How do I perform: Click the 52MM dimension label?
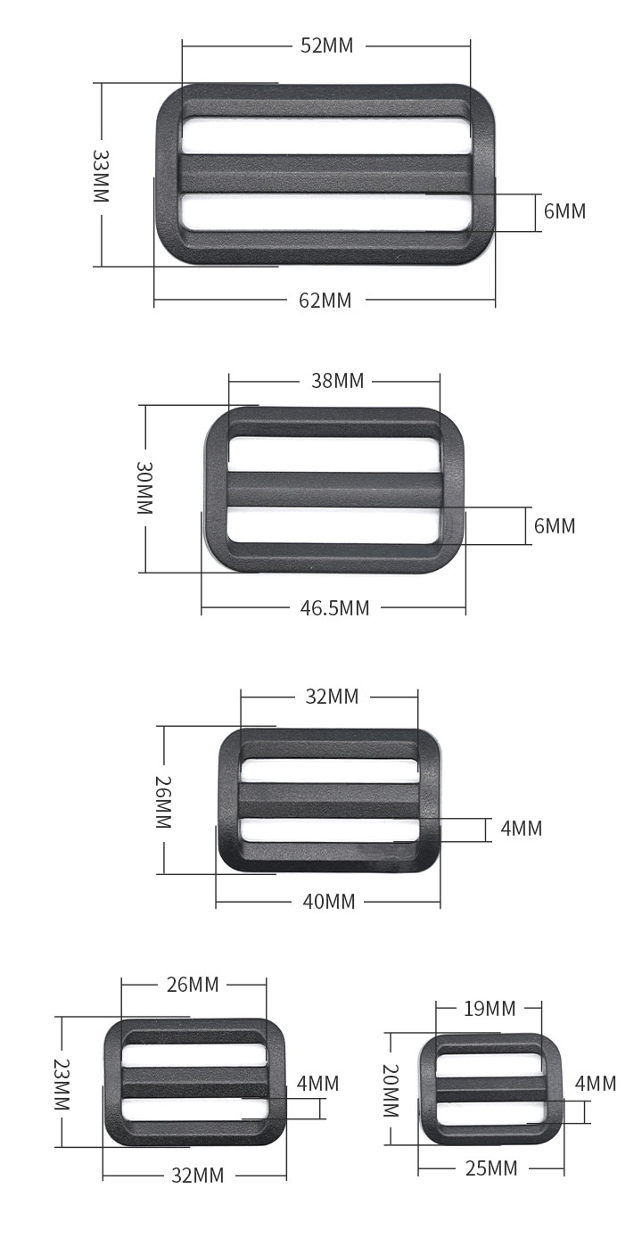point(326,45)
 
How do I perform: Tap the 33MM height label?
point(101,175)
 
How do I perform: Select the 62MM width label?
point(325,301)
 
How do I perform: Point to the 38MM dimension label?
point(337,381)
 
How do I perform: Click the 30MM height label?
point(144,488)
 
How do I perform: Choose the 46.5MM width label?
point(334,608)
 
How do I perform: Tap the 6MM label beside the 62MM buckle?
point(564,211)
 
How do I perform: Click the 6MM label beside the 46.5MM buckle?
point(554,525)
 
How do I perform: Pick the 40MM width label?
point(328,901)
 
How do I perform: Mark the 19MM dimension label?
point(490,1008)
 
